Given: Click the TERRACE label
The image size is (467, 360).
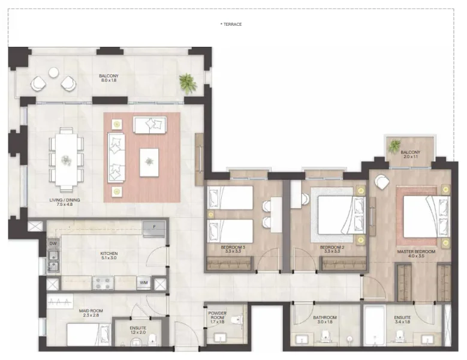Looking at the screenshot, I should point(231,24).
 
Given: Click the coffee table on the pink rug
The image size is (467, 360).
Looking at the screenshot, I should point(149,162).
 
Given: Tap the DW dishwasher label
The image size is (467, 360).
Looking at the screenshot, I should point(53,244).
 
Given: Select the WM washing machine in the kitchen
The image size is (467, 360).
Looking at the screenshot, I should point(143,282).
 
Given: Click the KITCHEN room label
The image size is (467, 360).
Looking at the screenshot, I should point(109,253).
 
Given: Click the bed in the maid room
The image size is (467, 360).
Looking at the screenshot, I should point(88,334).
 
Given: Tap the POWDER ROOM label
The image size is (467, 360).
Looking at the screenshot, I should point(216,316).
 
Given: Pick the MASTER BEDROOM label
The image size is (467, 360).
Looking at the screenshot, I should point(416,251).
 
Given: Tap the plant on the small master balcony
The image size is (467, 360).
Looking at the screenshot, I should point(395,145).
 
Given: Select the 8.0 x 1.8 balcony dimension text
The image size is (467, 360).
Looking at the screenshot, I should point(109,80).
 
